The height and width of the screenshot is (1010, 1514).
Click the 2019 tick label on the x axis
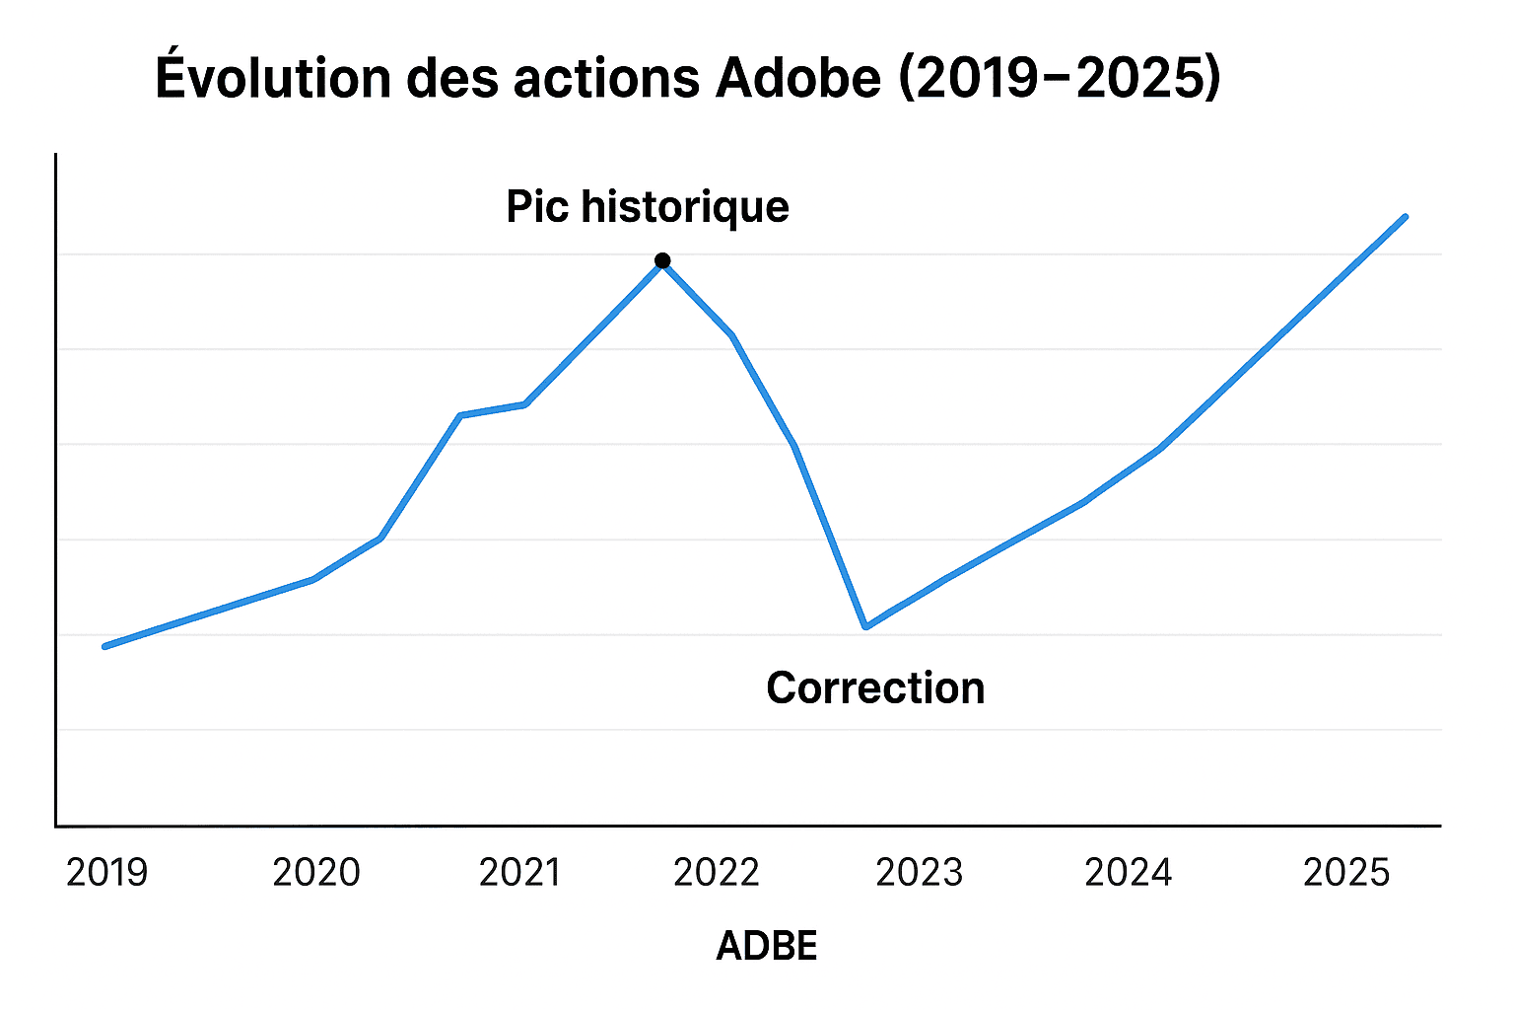[106, 873]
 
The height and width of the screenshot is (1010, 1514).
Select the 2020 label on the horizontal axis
[316, 873]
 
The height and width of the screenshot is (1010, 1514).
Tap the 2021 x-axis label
[519, 873]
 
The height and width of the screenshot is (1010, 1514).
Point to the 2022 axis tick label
[717, 873]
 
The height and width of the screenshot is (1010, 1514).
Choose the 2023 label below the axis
[919, 873]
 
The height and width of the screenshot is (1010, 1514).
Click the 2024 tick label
[1128, 873]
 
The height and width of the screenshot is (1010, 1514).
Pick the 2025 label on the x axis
[1346, 873]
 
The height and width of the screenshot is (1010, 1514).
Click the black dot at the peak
[662, 261]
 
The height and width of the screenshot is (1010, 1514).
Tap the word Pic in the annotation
[537, 207]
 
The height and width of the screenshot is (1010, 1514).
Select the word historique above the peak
[685, 207]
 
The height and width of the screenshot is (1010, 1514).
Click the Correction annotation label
[875, 688]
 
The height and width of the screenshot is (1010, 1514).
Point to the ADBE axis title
[767, 947]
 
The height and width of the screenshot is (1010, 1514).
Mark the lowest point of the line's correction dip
[865, 626]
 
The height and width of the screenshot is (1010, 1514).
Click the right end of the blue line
[1405, 217]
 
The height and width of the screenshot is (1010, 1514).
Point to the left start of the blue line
[105, 646]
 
